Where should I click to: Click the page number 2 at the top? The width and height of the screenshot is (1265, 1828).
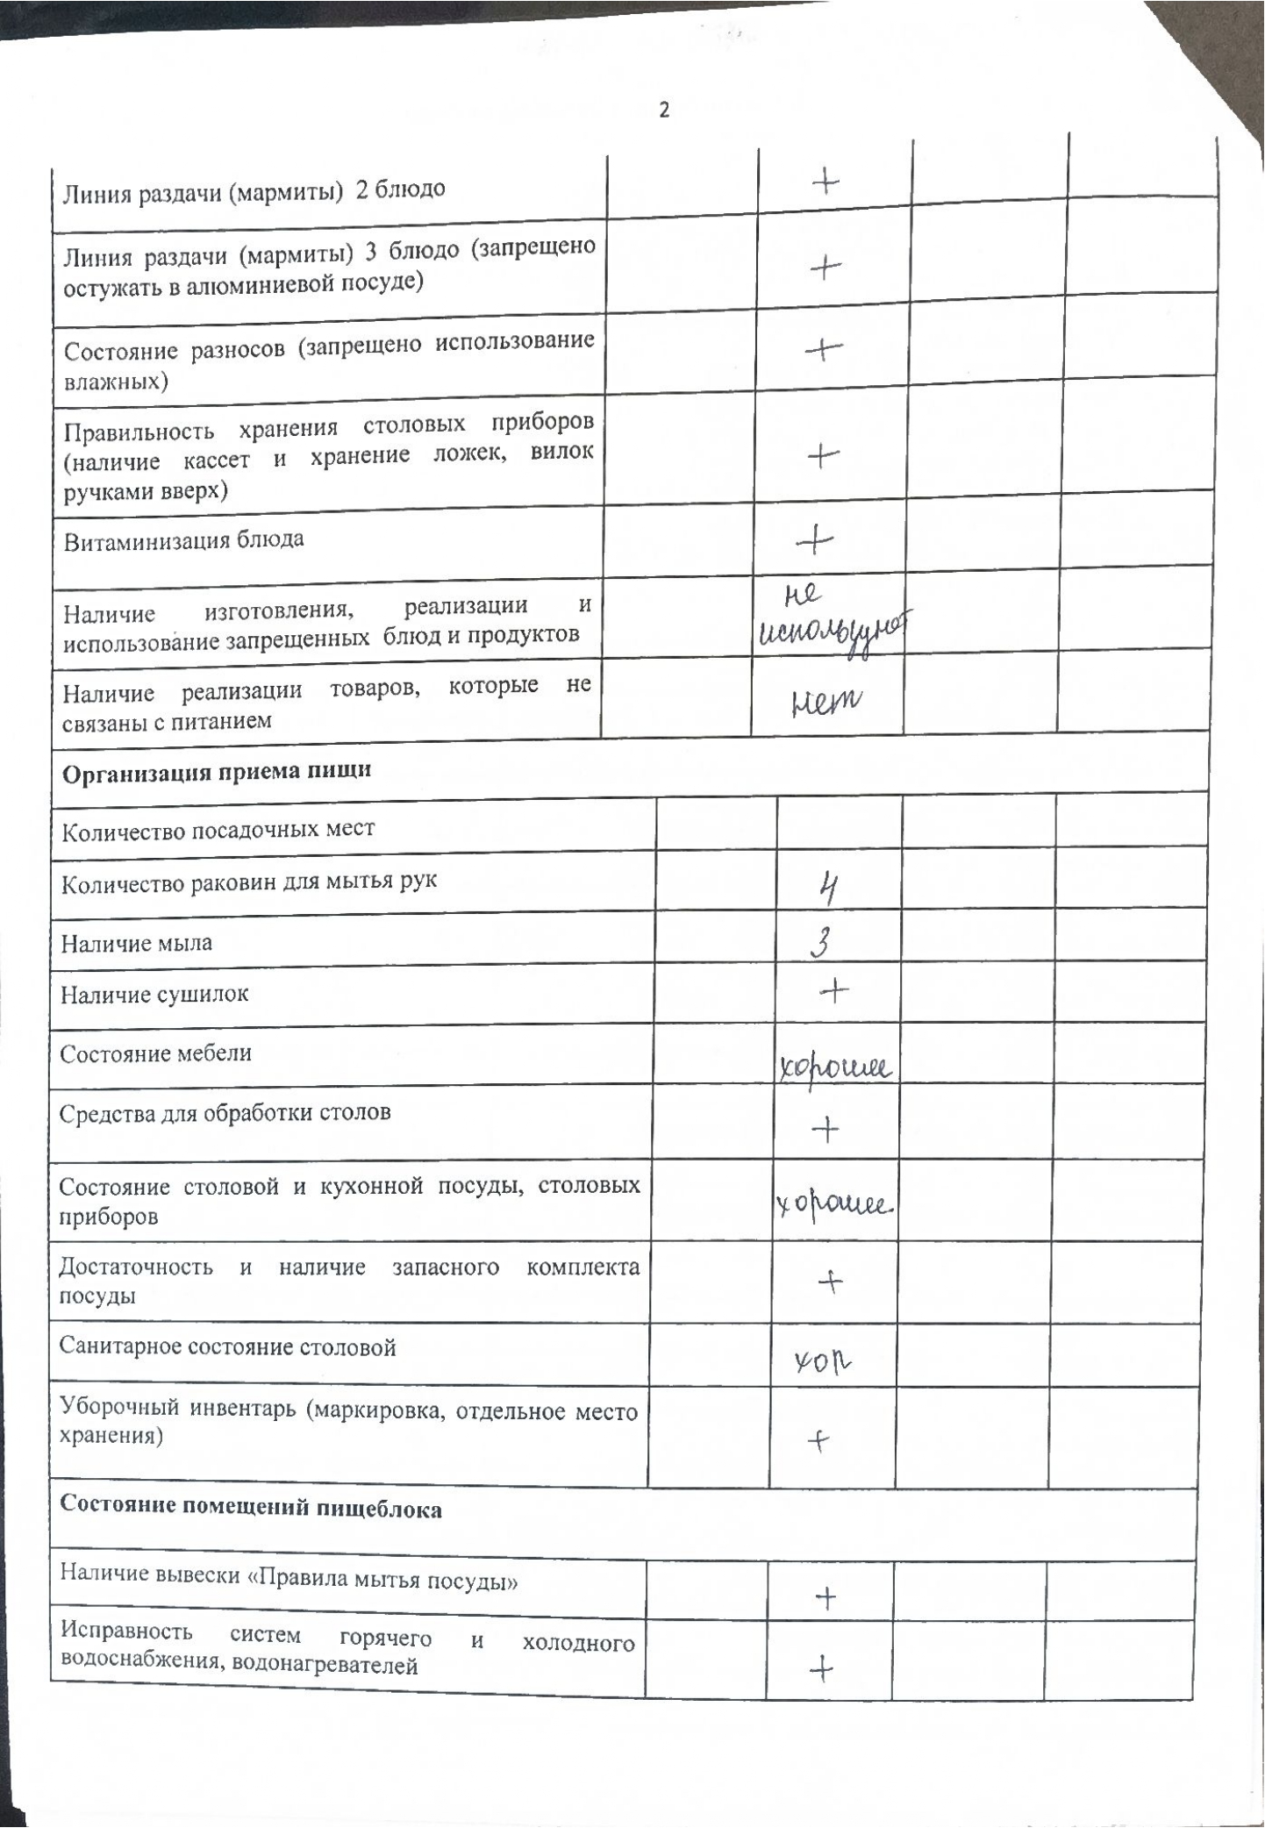[x=664, y=111]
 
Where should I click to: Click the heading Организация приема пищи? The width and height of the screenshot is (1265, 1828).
[x=217, y=772]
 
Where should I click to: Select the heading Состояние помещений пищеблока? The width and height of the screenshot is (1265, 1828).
[x=251, y=1509]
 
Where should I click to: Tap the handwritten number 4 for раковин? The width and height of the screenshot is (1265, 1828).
[x=827, y=889]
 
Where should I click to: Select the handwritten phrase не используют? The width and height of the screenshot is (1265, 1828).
[x=832, y=621]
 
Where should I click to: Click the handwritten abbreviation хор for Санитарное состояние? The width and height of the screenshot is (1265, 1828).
[x=823, y=1361]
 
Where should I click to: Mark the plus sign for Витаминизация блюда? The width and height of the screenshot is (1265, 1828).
[x=816, y=539]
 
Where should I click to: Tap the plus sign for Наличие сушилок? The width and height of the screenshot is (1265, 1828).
[x=833, y=992]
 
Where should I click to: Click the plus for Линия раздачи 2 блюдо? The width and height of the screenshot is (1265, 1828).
[x=825, y=182]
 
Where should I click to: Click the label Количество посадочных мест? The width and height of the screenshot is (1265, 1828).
[x=218, y=830]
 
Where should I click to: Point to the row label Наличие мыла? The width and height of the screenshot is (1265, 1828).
[x=136, y=944]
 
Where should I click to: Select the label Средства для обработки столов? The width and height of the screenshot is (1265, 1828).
[x=225, y=1113]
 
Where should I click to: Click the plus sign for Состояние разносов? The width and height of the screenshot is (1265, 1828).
[x=824, y=350]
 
